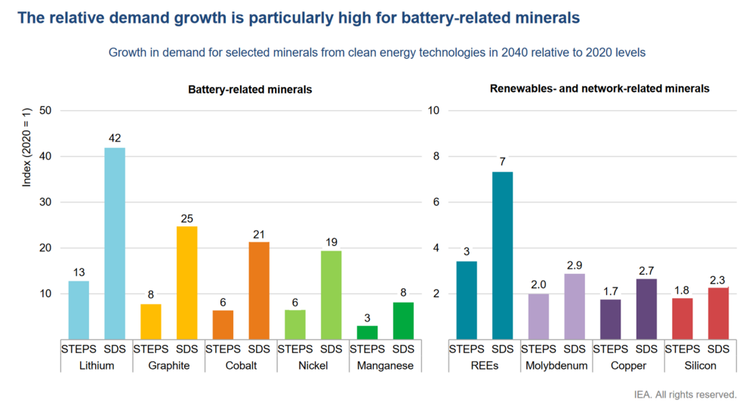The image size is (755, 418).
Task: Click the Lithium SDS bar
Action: pyautogui.click(x=115, y=243)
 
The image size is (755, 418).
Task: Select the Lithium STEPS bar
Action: pyautogui.click(x=79, y=309)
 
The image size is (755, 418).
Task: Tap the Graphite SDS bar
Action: pyautogui.click(x=186, y=282)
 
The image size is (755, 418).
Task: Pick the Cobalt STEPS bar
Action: pyautogui.click(x=223, y=324)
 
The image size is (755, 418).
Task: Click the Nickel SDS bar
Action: pyautogui.click(x=331, y=294)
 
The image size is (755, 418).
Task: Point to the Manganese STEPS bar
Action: pyautogui.click(x=367, y=332)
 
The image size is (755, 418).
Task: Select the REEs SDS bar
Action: pyautogui.click(x=502, y=255)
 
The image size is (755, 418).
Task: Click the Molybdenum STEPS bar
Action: pyautogui.click(x=538, y=316)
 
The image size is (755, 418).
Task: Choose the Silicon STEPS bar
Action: pyautogui.click(x=683, y=318)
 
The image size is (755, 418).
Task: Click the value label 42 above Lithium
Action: pyautogui.click(x=115, y=138)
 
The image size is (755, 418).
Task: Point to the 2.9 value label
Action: pyautogui.click(x=575, y=265)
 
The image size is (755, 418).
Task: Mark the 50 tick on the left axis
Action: pyautogui.click(x=45, y=111)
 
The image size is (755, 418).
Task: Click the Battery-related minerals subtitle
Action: pyautogui.click(x=250, y=90)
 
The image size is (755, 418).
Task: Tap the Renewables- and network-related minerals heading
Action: pyautogui.click(x=599, y=88)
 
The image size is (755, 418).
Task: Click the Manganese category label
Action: pyautogui.click(x=385, y=365)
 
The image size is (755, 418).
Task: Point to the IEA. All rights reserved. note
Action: pyautogui.click(x=686, y=395)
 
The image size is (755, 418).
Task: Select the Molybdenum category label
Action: pyautogui.click(x=556, y=365)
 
